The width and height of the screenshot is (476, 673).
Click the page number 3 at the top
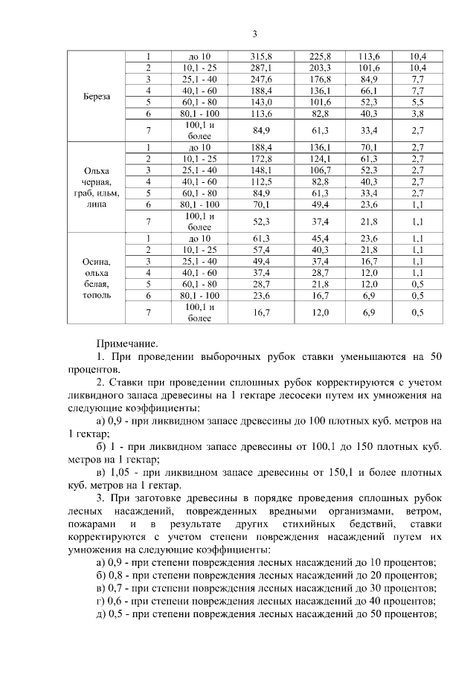tap(254, 33)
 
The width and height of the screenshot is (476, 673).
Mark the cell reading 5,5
tap(417, 102)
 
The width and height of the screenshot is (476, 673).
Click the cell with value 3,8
tap(417, 113)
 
